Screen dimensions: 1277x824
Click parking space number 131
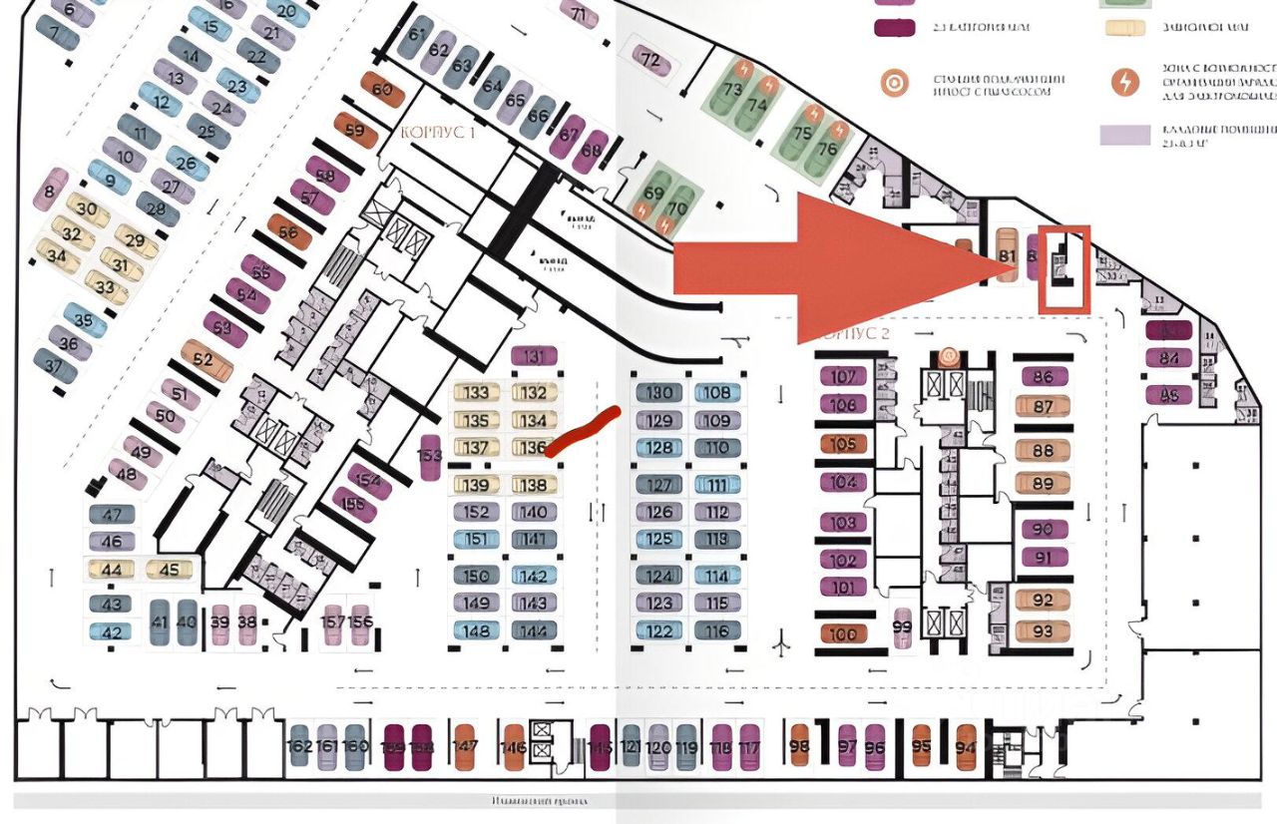pos(539,357)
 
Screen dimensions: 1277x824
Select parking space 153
pos(430,458)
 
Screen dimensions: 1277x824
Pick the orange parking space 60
pos(382,90)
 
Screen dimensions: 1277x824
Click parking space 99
pos(903,627)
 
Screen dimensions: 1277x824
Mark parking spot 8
pos(50,189)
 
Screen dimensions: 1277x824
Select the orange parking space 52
pos(207,360)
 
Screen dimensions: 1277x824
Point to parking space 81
pos(1007,254)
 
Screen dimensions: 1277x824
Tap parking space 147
pos(466,746)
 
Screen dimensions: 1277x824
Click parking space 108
pos(717,393)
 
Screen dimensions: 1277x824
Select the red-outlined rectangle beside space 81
pos(1064,268)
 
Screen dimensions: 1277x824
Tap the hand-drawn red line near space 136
pos(585,432)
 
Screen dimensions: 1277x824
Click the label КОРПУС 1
pos(438,133)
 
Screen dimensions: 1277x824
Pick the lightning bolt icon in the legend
pos(1125,82)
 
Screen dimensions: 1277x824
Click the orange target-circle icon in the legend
pos(894,83)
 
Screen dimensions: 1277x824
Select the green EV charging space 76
pos(827,148)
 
